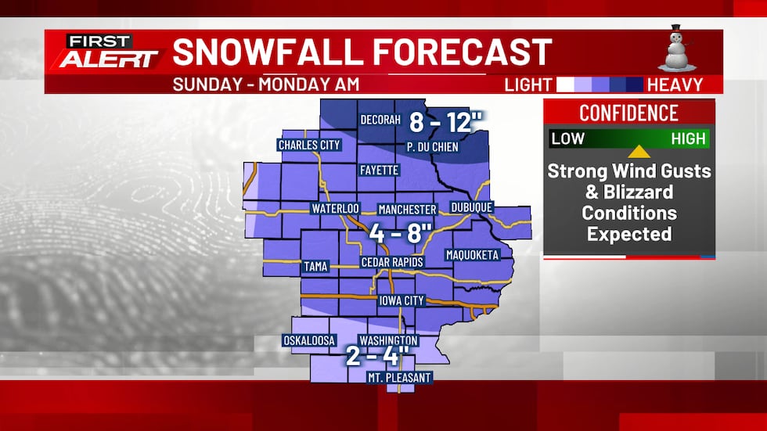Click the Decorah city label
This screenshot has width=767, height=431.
(x=380, y=120)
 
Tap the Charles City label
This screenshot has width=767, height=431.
(x=308, y=145)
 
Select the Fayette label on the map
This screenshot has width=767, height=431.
(x=380, y=170)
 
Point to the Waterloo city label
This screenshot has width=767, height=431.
(x=335, y=209)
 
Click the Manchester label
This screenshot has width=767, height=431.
(x=407, y=210)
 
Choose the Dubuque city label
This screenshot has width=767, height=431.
(x=472, y=207)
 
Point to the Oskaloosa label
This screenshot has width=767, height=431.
(x=309, y=340)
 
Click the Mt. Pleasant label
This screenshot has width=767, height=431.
(x=400, y=378)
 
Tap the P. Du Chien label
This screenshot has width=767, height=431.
(x=431, y=146)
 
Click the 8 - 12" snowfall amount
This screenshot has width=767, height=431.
(x=447, y=123)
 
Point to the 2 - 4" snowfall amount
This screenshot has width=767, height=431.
(x=379, y=357)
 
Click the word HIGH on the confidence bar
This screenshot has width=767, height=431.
(x=689, y=139)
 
